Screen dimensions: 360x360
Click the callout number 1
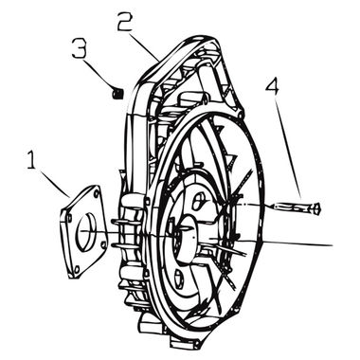pos(32,162)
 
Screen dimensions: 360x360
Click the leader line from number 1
pos(55,184)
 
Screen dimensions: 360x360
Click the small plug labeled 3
pos(117,92)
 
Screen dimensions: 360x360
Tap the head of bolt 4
pos(315,207)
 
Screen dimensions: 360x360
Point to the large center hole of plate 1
pos(84,230)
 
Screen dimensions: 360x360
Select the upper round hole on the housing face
pos(197,201)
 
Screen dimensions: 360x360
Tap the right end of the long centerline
pos(331,245)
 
